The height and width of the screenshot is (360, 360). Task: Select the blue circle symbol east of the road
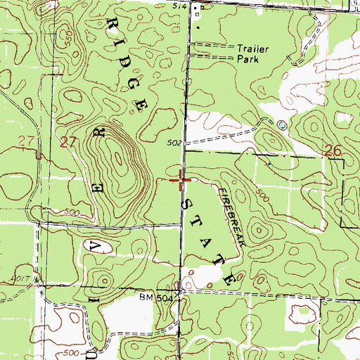283,125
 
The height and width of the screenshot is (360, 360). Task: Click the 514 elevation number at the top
181,5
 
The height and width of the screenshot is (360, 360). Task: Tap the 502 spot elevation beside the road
175,143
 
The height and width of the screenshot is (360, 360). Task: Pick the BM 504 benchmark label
155,298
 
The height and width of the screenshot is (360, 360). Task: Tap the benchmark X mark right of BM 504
181,295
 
